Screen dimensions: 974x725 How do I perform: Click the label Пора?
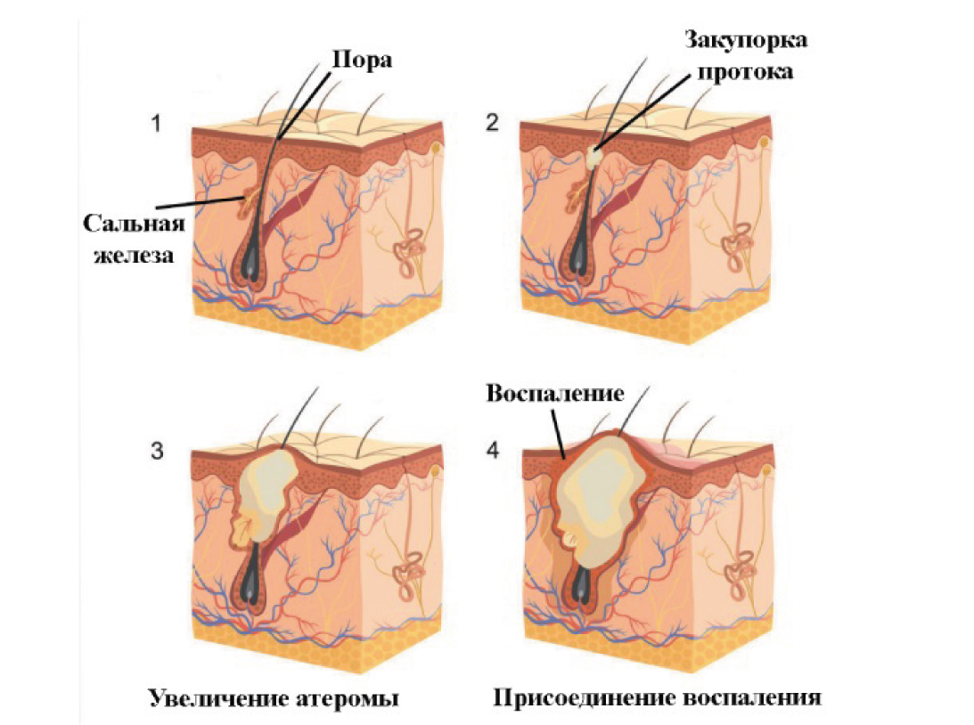pos(362,61)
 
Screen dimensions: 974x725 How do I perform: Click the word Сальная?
pos(135,224)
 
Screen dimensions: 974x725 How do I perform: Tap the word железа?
pos(134,255)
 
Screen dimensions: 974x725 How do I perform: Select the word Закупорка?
pos(746,40)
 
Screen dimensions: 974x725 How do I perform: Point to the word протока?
pos(745,72)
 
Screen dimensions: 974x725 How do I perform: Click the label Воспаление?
pos(554,393)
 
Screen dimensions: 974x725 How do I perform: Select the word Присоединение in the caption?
pos(583,697)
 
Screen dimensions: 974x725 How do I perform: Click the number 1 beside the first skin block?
pos(156,123)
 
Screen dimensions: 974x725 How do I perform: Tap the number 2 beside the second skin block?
pos(492,123)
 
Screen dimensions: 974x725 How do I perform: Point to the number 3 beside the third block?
pos(157,450)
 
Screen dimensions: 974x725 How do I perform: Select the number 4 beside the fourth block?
pos(493,450)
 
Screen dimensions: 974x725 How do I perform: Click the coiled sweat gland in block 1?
pos(409,249)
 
